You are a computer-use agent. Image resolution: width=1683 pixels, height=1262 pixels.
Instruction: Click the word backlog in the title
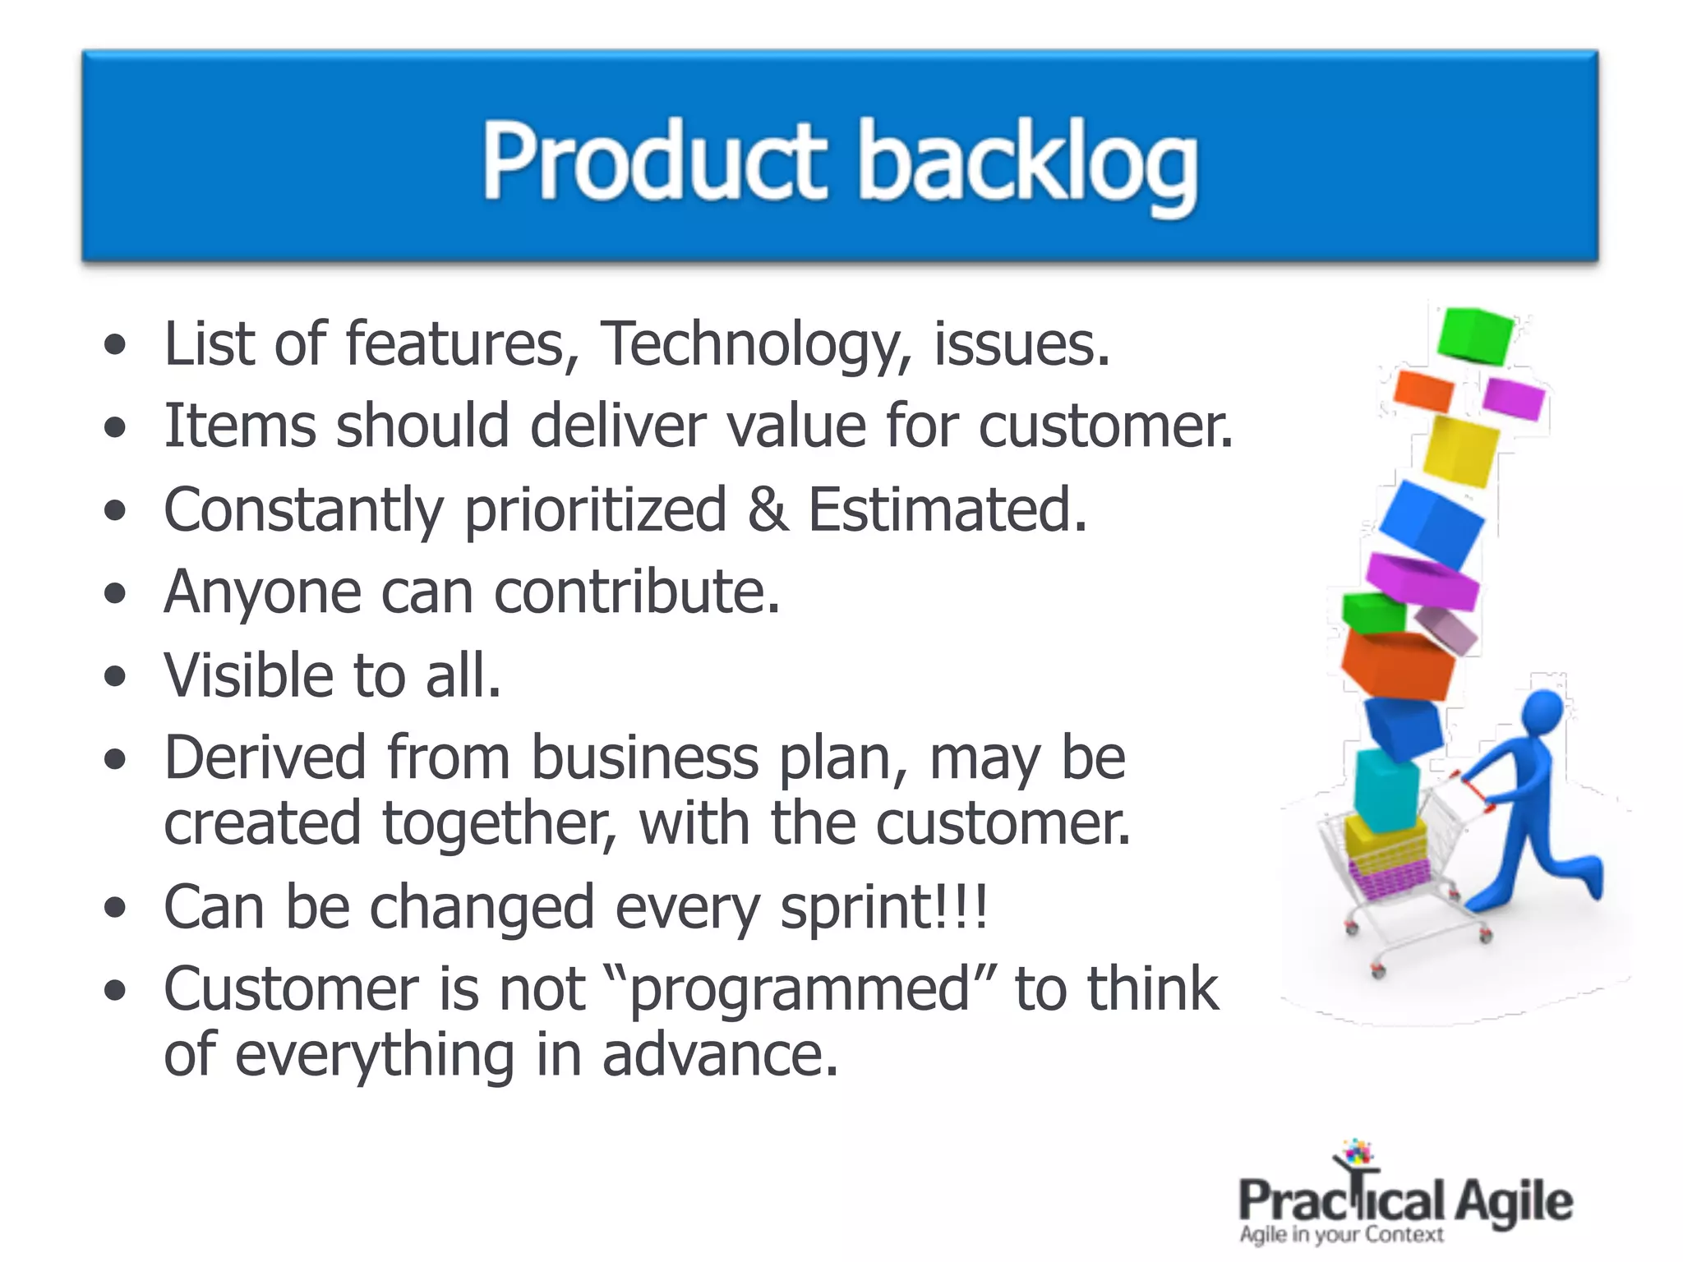(1027, 164)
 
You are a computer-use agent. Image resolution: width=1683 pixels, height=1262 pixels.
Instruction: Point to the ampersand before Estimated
(768, 509)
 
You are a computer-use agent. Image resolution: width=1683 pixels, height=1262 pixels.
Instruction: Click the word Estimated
(947, 509)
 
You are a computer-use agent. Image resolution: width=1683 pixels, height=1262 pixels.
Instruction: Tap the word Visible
(249, 675)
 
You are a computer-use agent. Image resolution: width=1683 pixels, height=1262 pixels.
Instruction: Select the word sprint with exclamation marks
(883, 908)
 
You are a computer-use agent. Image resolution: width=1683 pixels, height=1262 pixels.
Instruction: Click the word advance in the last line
(720, 1056)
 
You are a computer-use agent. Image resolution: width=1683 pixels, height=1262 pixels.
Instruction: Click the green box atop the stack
(1474, 335)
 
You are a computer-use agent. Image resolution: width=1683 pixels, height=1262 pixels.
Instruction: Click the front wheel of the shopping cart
(1379, 971)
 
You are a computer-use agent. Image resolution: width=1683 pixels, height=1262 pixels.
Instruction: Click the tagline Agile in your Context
(1341, 1235)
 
